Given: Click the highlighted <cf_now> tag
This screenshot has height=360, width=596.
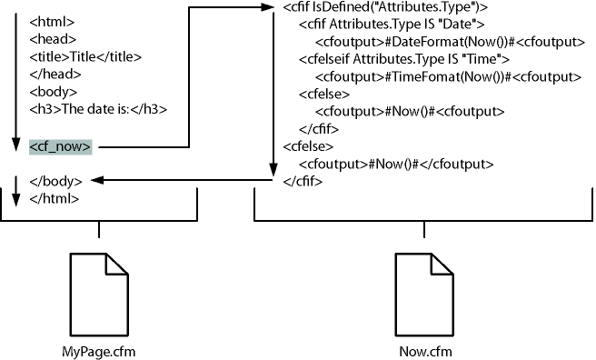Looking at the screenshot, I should [x=60, y=145].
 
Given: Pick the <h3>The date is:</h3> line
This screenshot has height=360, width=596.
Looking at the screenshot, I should [x=97, y=109].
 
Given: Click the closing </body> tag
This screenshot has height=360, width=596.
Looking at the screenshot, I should [x=56, y=181].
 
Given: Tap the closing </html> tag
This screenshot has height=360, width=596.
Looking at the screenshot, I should [x=54, y=198].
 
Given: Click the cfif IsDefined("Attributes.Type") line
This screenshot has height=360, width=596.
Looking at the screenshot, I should [x=385, y=8].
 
